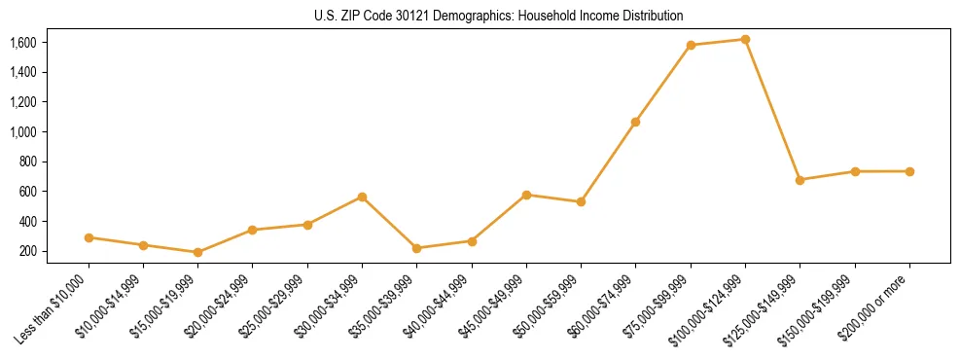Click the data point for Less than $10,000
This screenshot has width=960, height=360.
(89, 237)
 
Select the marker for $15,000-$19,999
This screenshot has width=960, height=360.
(197, 252)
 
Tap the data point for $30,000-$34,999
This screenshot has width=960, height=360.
(362, 197)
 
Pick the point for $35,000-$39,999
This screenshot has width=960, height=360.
(416, 248)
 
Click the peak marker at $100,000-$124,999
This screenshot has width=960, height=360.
(745, 39)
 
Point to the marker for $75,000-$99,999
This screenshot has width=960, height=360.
(691, 45)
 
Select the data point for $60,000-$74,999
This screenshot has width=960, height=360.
(635, 122)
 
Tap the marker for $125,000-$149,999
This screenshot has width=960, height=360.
(800, 180)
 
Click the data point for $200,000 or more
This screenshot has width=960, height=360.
(909, 171)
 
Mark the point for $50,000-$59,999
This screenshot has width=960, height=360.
(581, 201)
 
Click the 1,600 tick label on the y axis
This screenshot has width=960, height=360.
(22, 43)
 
